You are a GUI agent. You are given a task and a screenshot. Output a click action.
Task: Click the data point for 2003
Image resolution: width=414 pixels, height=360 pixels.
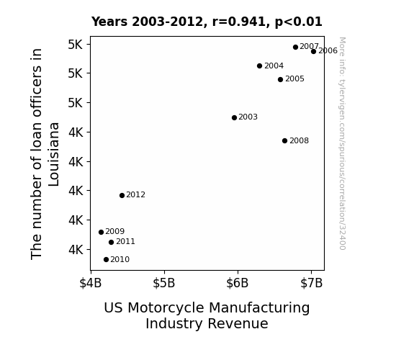pos(234,118)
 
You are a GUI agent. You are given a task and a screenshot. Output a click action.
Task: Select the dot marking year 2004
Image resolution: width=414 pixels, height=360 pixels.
pos(259,66)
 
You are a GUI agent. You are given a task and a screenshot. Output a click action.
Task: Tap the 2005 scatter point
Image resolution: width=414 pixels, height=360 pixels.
pos(280,79)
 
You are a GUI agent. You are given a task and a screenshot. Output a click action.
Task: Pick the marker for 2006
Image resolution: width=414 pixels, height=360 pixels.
pos(313,52)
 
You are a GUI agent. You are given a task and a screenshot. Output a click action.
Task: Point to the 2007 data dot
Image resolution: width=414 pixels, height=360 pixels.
pos(295,48)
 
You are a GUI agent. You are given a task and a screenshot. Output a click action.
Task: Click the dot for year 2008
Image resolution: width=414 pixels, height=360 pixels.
pos(284,141)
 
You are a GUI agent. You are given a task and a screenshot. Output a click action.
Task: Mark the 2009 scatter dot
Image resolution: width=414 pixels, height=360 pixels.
pos(101,232)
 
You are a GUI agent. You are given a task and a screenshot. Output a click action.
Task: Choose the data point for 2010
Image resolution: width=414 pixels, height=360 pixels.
pos(106,260)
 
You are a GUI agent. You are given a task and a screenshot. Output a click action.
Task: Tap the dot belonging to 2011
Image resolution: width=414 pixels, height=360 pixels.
pos(111,242)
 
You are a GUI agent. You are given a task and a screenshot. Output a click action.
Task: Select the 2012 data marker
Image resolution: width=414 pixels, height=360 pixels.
pos(122,195)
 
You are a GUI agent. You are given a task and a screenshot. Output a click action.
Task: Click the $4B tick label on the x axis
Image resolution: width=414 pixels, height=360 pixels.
pos(91,283)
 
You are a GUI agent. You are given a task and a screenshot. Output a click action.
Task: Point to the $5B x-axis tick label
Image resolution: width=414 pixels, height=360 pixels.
pos(164,283)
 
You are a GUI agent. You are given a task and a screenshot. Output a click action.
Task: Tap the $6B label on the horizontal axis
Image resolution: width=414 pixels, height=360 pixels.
pos(238,283)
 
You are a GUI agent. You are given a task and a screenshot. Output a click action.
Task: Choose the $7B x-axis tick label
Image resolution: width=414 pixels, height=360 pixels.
pos(311,283)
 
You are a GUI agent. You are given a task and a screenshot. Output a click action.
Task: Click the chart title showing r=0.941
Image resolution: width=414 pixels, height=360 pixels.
pos(207,22)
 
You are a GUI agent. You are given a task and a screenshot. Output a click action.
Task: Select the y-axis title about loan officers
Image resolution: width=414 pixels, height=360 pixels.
pos(45,154)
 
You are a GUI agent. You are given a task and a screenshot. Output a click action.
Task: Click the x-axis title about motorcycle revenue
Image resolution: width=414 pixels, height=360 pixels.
pos(207,315)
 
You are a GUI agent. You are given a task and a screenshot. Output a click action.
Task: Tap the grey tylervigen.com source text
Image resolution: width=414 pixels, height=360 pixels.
pos(342,143)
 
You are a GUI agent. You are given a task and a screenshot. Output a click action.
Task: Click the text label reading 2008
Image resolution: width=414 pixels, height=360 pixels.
pos(299,141)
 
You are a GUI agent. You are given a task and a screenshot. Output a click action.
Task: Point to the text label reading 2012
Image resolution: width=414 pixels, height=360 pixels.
pos(135,195)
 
